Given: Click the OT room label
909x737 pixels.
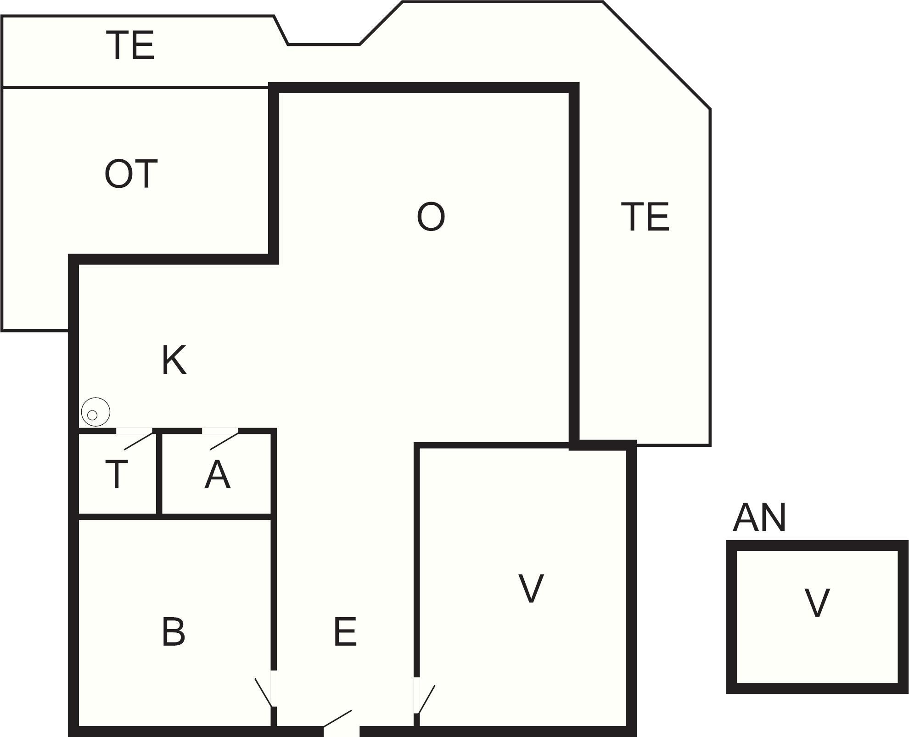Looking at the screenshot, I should click(131, 174).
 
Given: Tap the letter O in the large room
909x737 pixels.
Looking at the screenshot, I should click(431, 217).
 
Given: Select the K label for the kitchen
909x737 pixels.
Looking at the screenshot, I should click(174, 361).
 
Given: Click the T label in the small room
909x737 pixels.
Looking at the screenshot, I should click(117, 475).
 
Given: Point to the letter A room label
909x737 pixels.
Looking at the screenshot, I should click(217, 475).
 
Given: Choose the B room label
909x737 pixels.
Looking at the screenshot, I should click(174, 632).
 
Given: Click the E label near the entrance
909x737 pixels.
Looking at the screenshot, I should click(345, 632).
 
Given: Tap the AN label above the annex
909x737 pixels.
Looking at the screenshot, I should click(759, 518).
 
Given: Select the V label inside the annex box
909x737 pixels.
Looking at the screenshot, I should click(817, 603).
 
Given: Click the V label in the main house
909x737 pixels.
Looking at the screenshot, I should click(531, 589).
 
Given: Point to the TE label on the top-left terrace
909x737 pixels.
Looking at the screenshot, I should click(131, 45).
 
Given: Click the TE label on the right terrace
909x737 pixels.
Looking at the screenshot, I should click(645, 217).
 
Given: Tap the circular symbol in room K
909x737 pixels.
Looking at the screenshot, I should click(95, 412).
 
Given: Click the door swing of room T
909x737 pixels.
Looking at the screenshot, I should click(138, 441).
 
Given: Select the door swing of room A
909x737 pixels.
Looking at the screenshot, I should click(224, 441).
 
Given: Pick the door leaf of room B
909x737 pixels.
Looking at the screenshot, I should click(264, 692).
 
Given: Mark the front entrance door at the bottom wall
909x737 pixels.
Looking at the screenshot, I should click(338, 719).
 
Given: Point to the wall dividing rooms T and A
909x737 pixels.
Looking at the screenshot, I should click(159, 473).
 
